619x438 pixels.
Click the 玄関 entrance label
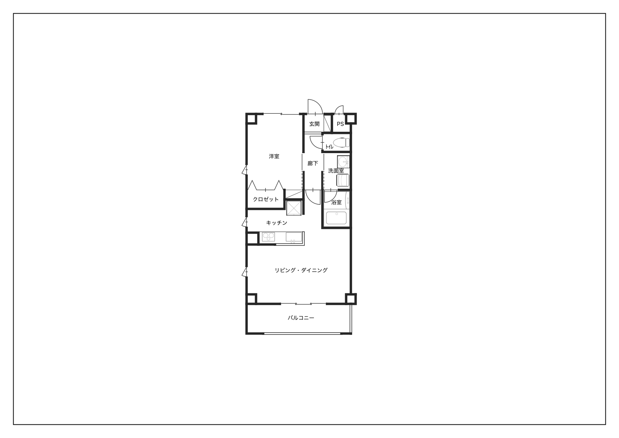click(x=314, y=124)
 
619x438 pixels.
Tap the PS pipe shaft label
click(x=340, y=124)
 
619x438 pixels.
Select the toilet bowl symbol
click(x=341, y=143)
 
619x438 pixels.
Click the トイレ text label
click(x=329, y=146)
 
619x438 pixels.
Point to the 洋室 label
click(x=274, y=156)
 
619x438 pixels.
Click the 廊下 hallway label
click(x=312, y=163)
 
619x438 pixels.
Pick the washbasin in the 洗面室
click(x=343, y=161)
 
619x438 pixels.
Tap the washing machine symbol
click(x=343, y=180)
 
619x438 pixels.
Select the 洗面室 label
click(x=336, y=171)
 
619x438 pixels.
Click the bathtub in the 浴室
click(x=336, y=218)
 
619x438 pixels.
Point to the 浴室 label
click(x=336, y=202)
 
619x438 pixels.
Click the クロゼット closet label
click(x=265, y=199)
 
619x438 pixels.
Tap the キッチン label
click(x=277, y=223)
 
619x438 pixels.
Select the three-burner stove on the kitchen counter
click(x=268, y=237)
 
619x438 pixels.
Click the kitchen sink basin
click(x=294, y=237)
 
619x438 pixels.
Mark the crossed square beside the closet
click(x=293, y=208)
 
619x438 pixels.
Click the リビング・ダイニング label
click(x=301, y=270)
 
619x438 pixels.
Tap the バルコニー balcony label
click(x=301, y=318)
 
